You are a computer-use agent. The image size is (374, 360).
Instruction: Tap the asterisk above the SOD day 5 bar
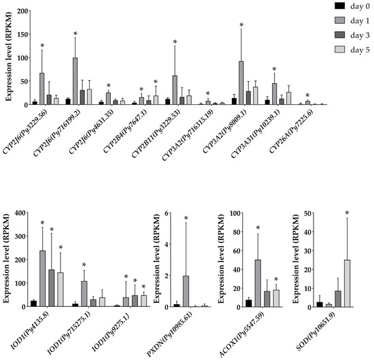point(347,213)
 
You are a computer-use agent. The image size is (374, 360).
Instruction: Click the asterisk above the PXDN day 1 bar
point(186,218)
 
